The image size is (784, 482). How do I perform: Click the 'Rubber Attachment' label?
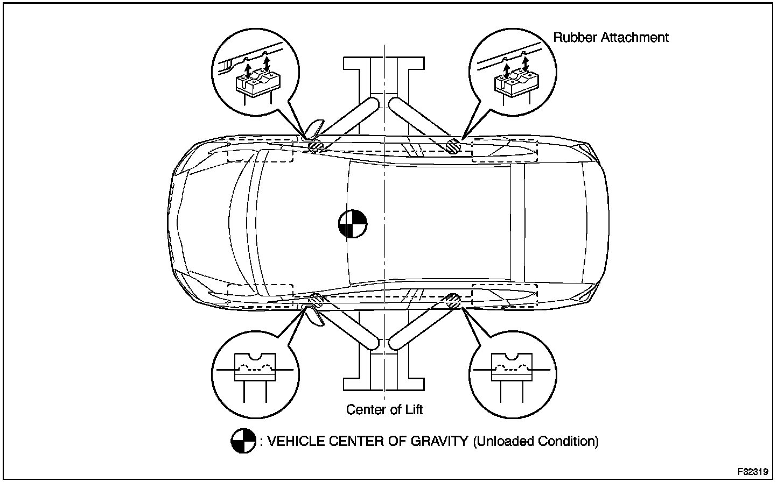point(611,38)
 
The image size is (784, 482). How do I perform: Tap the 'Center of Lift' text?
point(384,410)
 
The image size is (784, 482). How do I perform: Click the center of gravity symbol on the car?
point(353,223)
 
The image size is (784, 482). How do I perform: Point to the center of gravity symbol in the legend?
point(243,442)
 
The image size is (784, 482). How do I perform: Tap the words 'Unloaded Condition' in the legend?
point(536,442)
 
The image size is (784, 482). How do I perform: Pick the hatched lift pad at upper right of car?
point(453,146)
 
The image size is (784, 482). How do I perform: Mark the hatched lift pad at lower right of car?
point(453,301)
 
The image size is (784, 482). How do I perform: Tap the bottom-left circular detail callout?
point(256,371)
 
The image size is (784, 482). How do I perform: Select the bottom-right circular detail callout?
point(512,371)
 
